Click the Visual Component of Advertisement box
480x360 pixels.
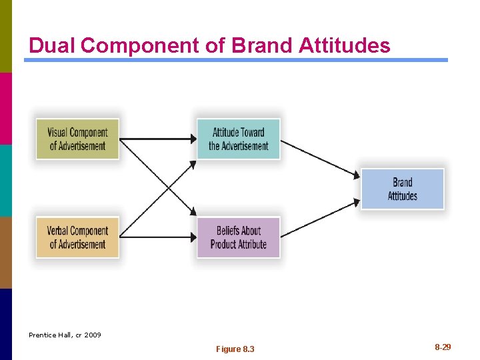77,139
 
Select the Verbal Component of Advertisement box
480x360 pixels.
77,237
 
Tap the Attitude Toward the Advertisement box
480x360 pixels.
238,139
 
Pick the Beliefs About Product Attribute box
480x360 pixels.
238,237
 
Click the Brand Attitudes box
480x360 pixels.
402,189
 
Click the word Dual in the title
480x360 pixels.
53,45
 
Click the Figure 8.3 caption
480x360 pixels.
235,349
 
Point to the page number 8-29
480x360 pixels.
443,347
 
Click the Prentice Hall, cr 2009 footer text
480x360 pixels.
65,335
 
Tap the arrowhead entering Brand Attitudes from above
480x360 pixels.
357,175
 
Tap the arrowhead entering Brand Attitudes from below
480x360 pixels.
357,201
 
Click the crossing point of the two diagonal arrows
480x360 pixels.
158,188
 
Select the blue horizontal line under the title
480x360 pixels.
236,60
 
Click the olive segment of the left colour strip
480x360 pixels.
5,36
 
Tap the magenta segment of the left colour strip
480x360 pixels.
5,108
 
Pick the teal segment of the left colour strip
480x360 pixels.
5,180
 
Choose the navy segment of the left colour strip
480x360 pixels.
5,324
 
